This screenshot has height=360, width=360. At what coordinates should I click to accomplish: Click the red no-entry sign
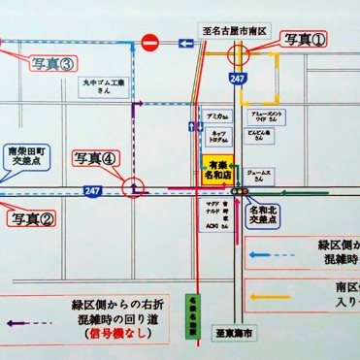click(x=149, y=43)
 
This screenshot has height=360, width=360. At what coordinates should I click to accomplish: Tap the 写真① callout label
click(x=304, y=40)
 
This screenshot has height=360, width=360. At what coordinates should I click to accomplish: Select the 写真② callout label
click(x=33, y=218)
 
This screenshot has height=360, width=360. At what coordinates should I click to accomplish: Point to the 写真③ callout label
click(x=51, y=65)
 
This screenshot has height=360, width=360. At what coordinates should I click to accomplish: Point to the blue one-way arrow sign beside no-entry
click(x=183, y=43)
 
